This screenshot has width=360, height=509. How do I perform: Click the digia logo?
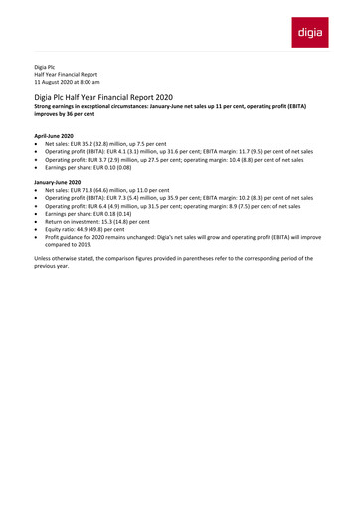click(x=314, y=33)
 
